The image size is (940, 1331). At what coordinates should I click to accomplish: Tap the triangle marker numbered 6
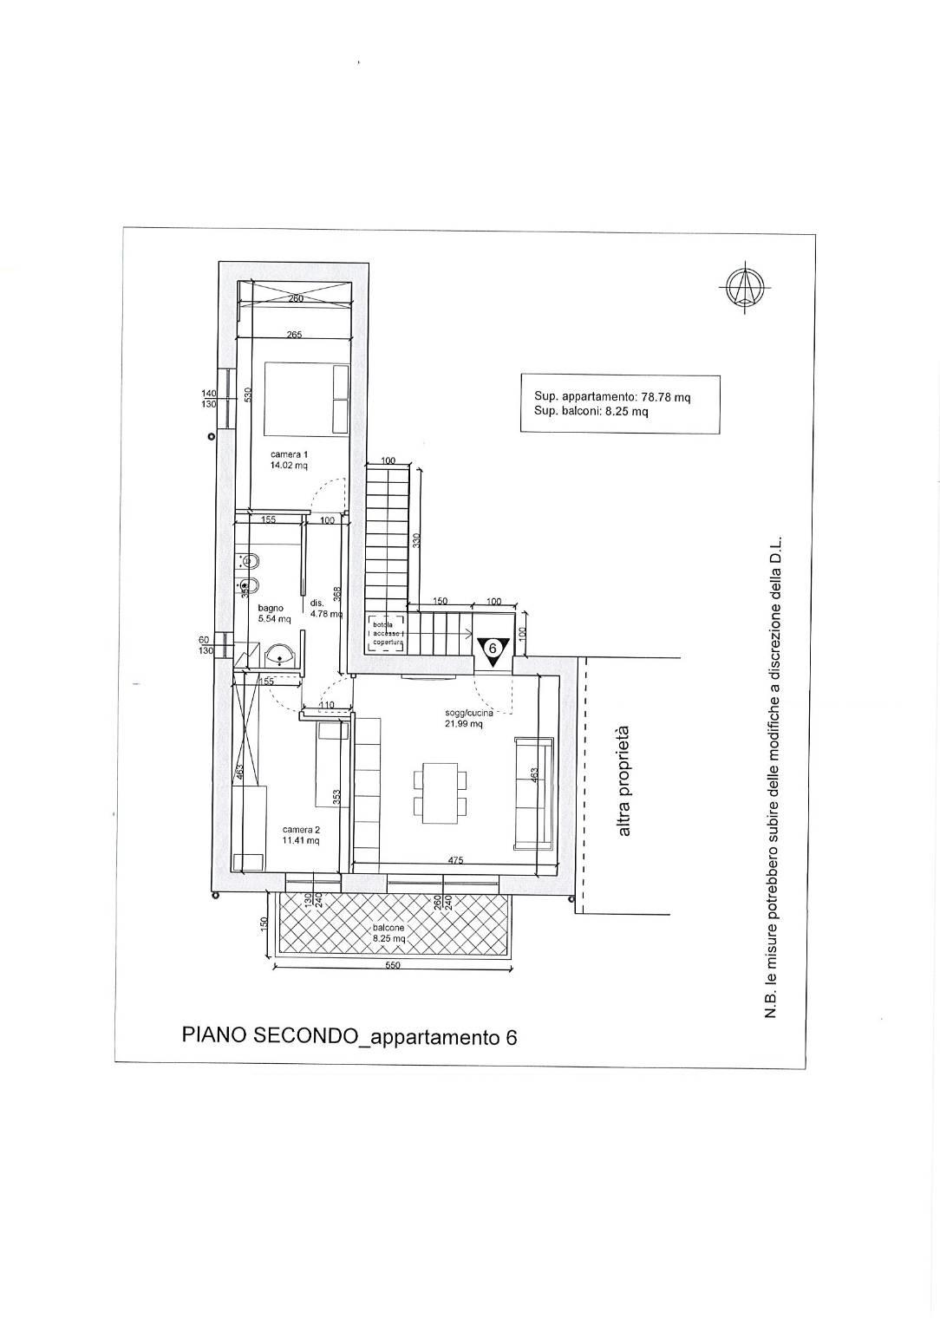click(492, 649)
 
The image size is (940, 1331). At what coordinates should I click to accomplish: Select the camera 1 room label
click(289, 460)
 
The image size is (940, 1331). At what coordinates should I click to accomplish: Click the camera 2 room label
click(301, 835)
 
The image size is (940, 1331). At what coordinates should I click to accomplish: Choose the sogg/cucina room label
click(464, 718)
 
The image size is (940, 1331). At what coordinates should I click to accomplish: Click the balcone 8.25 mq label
click(388, 933)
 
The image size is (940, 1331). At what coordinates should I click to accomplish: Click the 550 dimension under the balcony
click(393, 967)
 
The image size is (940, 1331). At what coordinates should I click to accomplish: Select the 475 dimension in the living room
click(456, 860)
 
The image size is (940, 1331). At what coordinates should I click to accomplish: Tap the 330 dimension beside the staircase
click(415, 542)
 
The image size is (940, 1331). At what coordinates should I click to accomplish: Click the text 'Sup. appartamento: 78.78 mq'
click(612, 397)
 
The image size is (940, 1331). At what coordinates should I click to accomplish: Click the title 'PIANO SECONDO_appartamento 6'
click(349, 1036)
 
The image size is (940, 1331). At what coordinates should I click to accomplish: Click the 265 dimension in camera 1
click(294, 335)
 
